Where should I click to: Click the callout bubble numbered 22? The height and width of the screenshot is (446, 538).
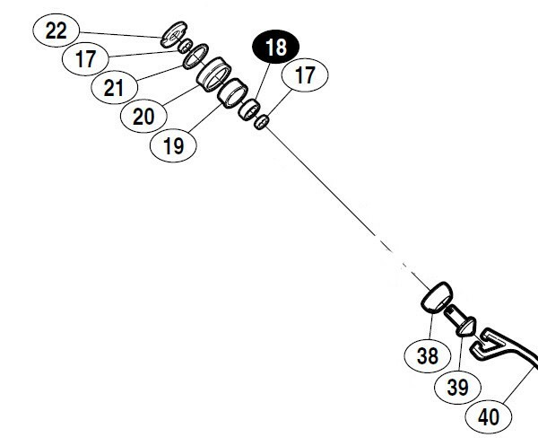(56, 31)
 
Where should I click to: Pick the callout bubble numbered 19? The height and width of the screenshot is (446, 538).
(174, 144)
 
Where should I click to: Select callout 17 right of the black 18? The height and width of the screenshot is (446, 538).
(306, 75)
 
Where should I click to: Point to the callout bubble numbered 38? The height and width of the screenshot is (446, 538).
(428, 355)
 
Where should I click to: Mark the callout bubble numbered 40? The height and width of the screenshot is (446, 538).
(489, 416)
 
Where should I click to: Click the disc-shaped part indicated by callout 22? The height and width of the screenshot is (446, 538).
(171, 37)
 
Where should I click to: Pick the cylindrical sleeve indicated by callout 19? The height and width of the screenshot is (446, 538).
(234, 92)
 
